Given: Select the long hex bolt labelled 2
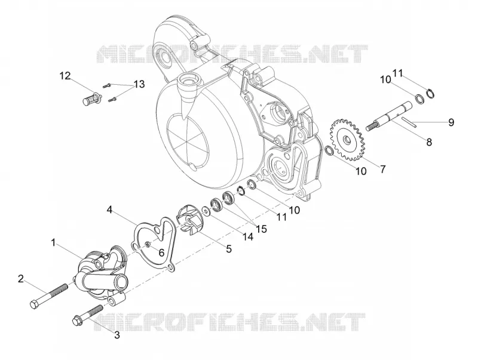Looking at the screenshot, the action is coord(49,296).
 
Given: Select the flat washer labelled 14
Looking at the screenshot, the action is coord(206,211).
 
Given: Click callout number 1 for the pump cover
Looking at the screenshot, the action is coord(53,243).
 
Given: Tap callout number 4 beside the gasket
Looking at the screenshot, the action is coord(110,210).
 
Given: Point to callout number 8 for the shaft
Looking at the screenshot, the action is coord(429,141).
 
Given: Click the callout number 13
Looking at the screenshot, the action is coord(139,84).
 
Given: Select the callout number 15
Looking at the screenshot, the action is coord(262,229).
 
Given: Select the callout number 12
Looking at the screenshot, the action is coord(65,76).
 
